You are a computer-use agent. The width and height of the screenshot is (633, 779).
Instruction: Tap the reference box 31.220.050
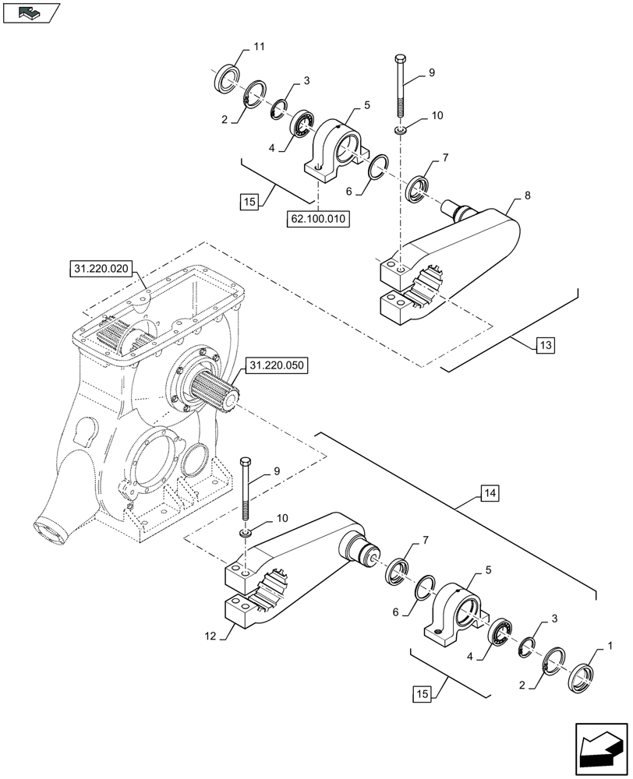pos(277,365)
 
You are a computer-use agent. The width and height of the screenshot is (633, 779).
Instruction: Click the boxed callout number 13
pos(544,345)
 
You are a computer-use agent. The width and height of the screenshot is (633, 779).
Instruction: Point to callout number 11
pos(259,48)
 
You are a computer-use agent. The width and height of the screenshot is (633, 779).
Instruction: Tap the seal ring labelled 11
pos(227,79)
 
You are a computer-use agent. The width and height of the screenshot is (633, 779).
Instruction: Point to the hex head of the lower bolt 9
pos(246,462)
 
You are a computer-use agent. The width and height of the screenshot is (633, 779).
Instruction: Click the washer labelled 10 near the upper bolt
pos(399,129)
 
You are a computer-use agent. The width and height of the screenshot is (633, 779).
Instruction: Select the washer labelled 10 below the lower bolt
pos(245,533)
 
